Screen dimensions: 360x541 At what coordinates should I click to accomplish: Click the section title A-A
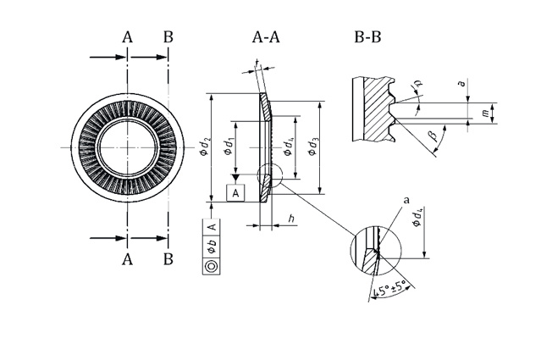pos(265,37)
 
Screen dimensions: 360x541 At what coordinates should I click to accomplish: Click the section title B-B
pos(368,37)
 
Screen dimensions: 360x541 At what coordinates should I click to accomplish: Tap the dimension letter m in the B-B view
pos(484,113)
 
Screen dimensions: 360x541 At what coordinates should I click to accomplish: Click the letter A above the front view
pos(128,37)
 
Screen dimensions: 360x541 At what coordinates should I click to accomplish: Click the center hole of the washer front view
pos(126,146)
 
